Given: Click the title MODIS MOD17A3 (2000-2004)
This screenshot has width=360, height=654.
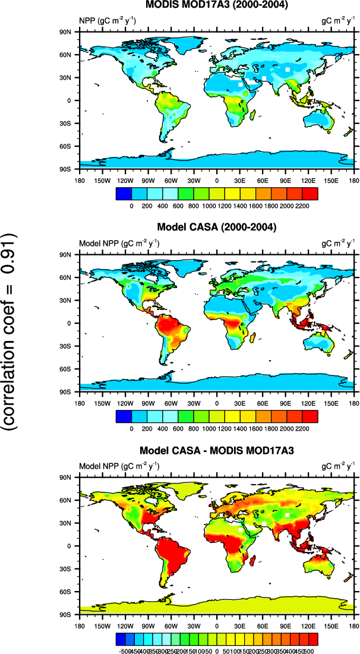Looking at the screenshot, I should click(217, 5).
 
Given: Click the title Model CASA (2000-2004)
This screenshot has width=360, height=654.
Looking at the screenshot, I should click(217, 228).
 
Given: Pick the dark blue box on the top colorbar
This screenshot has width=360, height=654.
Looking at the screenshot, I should click(124, 193).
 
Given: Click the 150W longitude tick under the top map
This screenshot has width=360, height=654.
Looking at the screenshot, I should click(102, 180).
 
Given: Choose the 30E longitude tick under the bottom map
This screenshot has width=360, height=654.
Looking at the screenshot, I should click(240, 625).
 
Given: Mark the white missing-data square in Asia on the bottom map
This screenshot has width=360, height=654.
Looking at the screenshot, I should click(288, 514).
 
